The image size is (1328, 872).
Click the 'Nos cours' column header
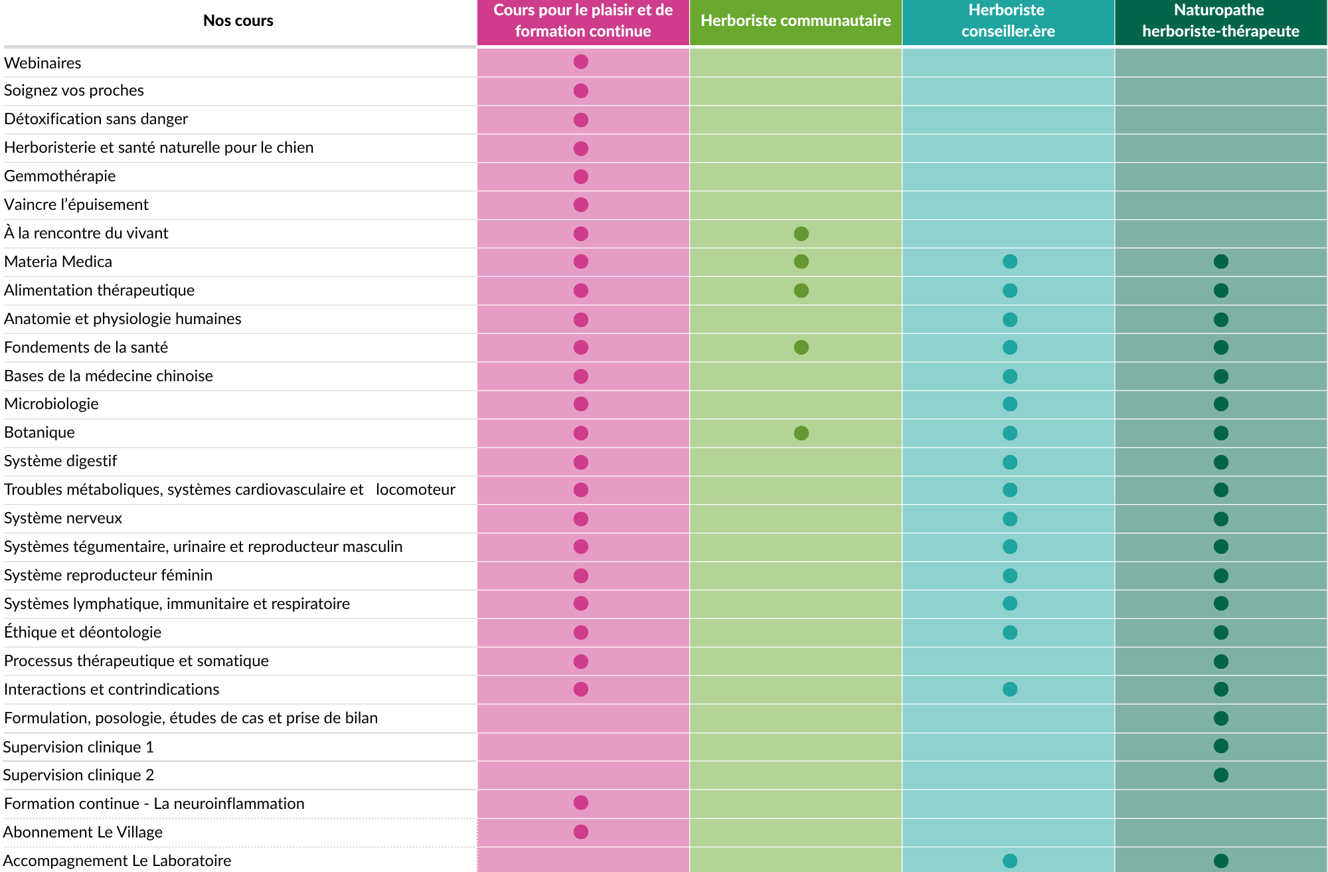point(238,21)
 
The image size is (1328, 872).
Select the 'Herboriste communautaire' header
point(795,21)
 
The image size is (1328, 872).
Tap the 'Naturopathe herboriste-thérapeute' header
point(1220,21)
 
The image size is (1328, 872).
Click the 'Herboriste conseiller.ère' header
point(1008,21)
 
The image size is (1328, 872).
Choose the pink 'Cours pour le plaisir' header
point(583,21)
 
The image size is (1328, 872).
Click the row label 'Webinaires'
point(42,63)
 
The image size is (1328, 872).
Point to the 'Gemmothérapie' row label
point(60,176)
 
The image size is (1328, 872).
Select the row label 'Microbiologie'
point(51,404)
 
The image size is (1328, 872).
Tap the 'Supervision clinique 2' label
point(78,775)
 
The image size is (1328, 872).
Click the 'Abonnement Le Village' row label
point(82,832)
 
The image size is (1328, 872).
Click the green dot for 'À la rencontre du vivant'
point(801,234)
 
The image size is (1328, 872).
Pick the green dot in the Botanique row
point(801,433)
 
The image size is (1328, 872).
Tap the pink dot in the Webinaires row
point(581,62)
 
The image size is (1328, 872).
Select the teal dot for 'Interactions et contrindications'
point(1010,689)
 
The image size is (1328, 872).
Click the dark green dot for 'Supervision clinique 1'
point(1220,746)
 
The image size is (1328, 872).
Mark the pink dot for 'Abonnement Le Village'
point(581,831)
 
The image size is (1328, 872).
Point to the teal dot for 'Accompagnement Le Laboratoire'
point(1010,861)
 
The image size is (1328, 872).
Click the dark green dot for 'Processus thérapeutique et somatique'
point(1220,661)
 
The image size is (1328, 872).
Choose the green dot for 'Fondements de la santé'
point(801,347)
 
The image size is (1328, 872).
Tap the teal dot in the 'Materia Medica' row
point(1010,262)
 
